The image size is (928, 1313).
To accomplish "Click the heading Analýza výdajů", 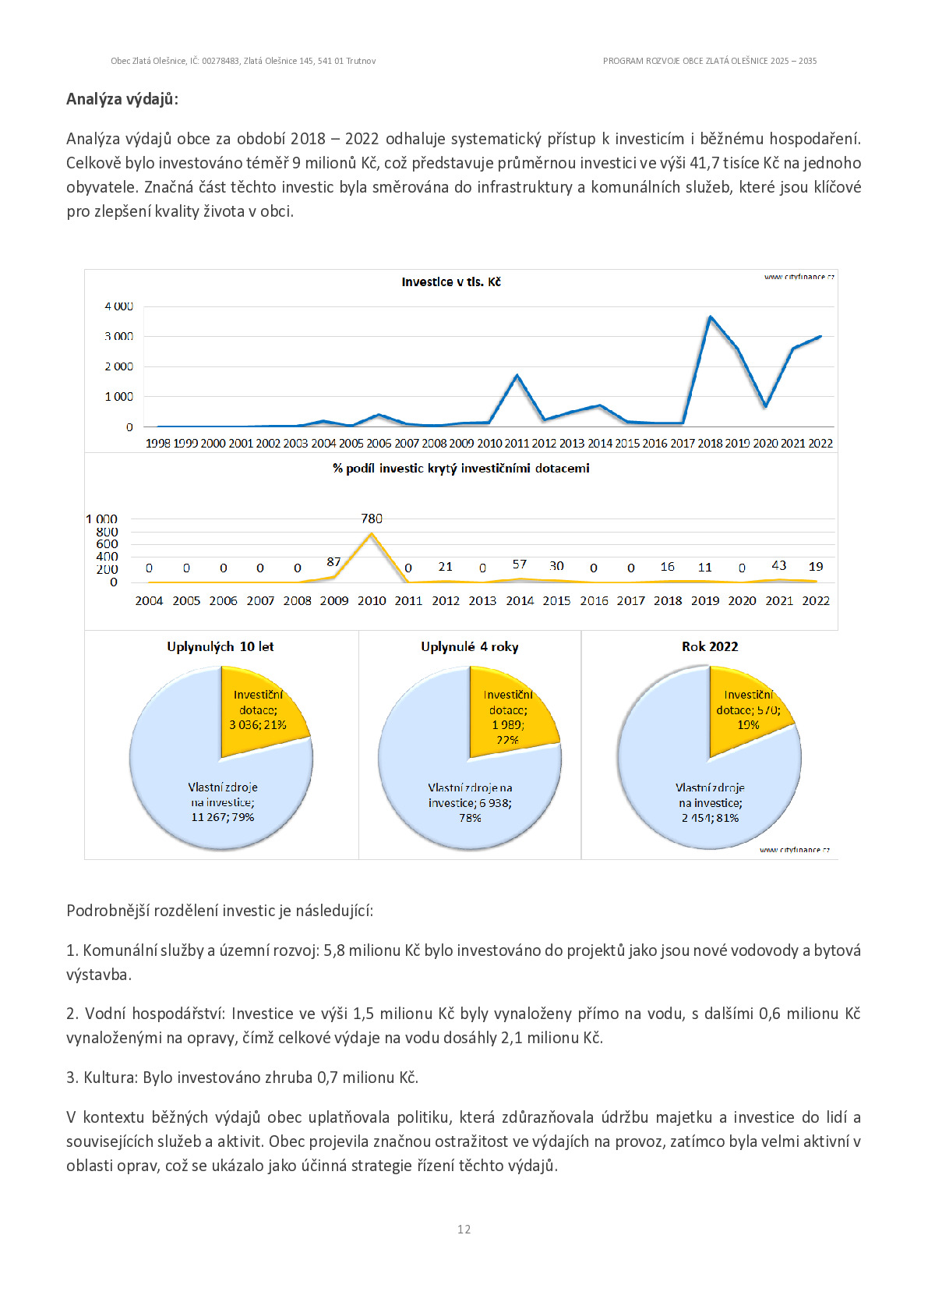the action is pos(122,99).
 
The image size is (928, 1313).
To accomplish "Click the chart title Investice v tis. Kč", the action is pos(450,282).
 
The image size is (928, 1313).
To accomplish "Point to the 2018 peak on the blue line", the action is pos(710,317).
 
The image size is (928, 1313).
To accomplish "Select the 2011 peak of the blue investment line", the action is pos(517,375).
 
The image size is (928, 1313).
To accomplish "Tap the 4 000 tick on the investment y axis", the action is pos(119,306).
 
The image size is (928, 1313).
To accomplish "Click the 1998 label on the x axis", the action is pos(157,443).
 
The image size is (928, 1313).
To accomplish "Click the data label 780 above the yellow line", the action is pos(372,518).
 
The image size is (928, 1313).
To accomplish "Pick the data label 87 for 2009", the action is pos(333,561).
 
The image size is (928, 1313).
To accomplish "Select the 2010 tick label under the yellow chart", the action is pos(372,601).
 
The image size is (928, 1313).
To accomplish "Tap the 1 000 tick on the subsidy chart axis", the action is pos(102,518).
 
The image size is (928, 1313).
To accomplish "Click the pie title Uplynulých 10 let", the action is pos(221,646).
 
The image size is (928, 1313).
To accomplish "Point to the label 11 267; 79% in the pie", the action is pos(223,817).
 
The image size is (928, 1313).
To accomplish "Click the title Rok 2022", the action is pos(710,646).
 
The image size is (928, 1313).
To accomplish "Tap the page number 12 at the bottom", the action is pos(464,1229).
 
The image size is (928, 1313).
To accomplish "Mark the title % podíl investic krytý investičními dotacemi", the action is pos(461,469).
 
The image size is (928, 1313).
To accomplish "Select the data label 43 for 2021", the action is pos(778,565).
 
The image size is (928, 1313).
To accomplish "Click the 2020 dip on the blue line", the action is pos(765,405).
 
